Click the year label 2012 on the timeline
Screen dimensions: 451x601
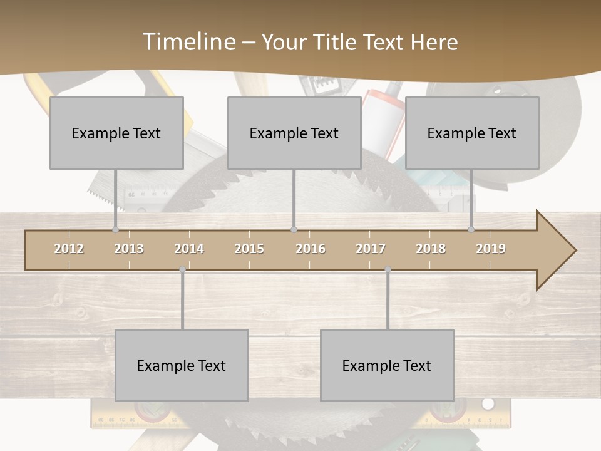coord(69,249)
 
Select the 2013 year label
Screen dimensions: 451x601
coord(129,249)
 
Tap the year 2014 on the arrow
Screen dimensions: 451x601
coord(189,249)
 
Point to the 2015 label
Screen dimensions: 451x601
coord(249,249)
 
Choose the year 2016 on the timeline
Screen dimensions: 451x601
coord(311,249)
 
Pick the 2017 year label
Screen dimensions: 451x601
coord(371,249)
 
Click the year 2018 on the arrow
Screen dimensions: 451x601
coord(431,249)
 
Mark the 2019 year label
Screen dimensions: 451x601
coord(491,249)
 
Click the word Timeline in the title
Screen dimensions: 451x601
coord(188,42)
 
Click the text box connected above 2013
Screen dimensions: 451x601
coord(116,133)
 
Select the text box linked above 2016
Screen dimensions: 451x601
coord(294,133)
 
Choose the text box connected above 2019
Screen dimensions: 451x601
coord(472,133)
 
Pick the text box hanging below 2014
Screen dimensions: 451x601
coord(182,365)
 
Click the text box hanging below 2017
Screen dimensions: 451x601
coord(387,365)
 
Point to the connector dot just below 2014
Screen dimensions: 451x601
coord(182,269)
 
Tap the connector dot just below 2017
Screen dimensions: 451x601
coord(388,269)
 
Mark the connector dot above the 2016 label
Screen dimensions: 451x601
coord(294,229)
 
